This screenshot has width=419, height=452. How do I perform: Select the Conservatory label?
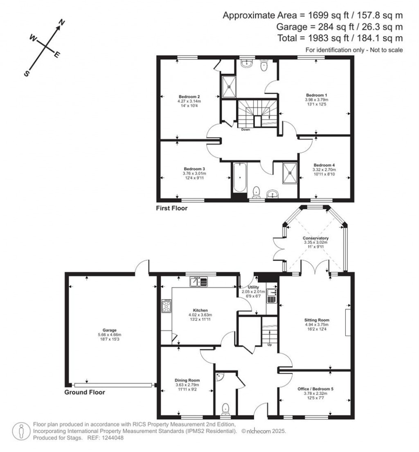315,238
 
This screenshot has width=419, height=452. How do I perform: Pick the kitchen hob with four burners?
167,306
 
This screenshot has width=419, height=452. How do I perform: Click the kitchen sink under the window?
199,282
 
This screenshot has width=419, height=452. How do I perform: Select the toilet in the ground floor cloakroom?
225,408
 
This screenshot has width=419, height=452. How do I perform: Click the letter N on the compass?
62,22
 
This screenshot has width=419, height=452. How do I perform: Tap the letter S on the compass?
27,74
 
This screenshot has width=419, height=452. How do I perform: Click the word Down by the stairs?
246,130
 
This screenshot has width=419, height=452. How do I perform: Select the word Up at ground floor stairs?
269,344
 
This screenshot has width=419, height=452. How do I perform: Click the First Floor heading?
171,208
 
